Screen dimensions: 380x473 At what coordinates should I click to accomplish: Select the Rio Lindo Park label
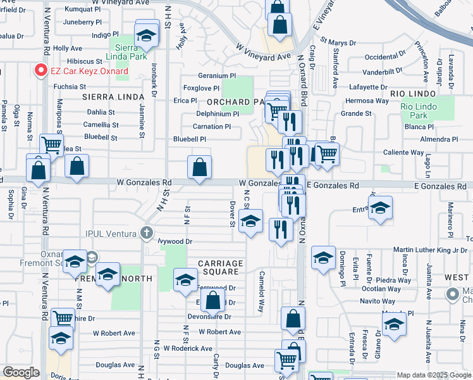(418, 111)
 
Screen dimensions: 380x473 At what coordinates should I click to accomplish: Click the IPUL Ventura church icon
(147, 234)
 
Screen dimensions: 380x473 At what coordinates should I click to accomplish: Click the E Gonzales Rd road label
(333, 185)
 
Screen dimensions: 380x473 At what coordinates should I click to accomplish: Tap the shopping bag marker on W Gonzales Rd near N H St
(199, 168)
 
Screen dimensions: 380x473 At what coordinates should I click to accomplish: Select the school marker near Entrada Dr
(381, 208)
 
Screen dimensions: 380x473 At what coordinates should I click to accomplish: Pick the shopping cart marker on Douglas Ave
(286, 360)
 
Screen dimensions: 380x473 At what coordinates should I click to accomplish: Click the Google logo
(21, 372)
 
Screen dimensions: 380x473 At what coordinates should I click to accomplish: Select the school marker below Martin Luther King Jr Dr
(323, 257)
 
